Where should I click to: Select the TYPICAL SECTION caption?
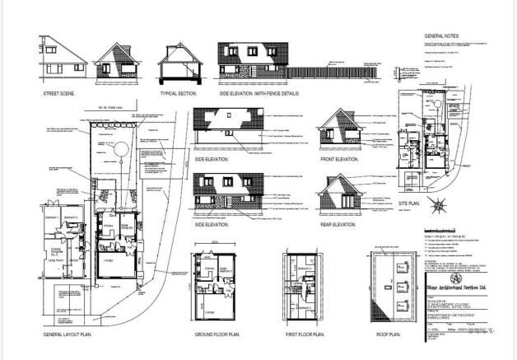point(180,94)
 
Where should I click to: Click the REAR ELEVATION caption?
point(338,224)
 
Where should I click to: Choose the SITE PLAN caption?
point(410,202)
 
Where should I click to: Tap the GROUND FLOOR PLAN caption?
point(218,336)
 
